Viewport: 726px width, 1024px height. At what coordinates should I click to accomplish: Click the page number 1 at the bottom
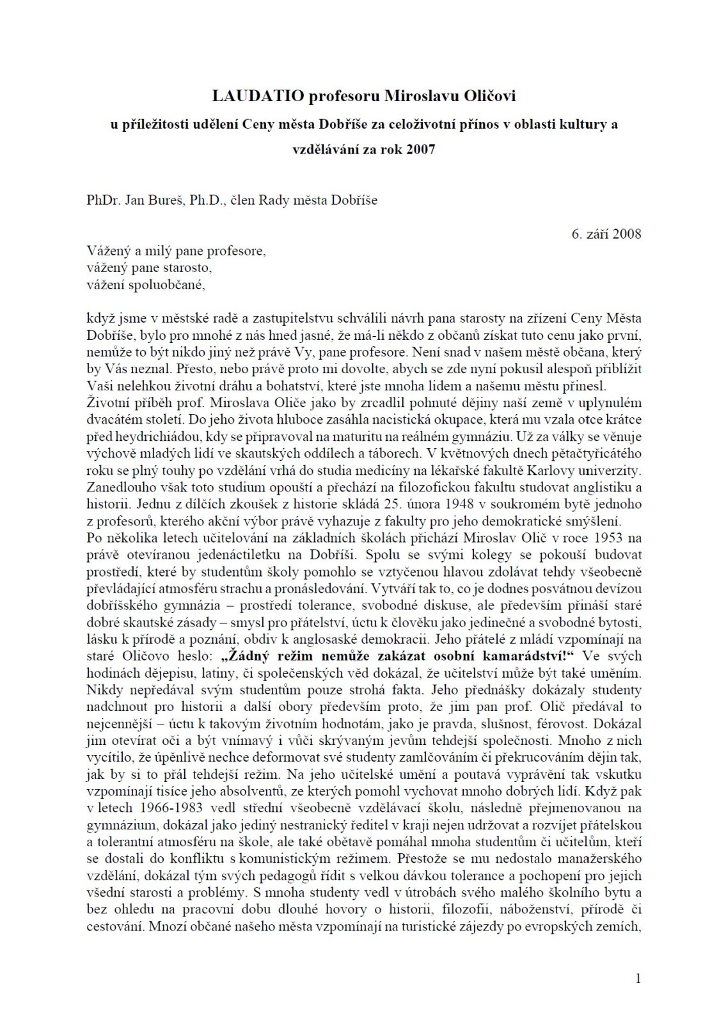click(638, 978)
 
